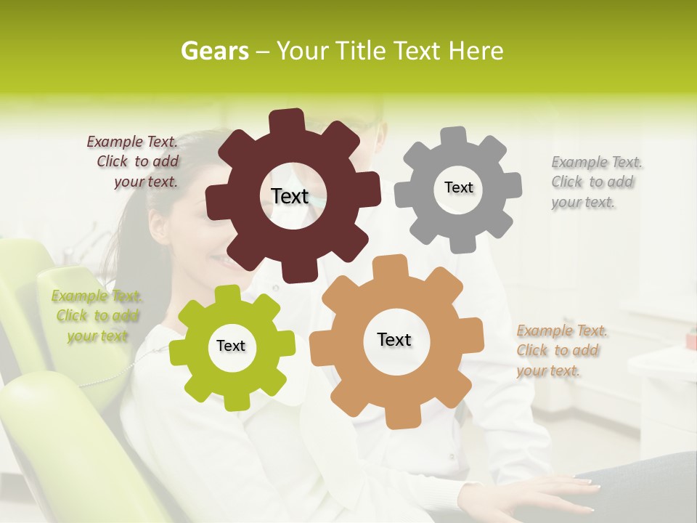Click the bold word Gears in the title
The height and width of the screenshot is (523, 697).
pyautogui.click(x=214, y=51)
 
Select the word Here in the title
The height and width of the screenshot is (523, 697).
pyautogui.click(x=476, y=51)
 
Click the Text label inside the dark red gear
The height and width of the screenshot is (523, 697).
pyautogui.click(x=290, y=196)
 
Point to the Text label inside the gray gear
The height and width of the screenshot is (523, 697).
pyautogui.click(x=458, y=187)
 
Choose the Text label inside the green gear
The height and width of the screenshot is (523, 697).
pyautogui.click(x=231, y=346)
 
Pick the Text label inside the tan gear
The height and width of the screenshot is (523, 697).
pyautogui.click(x=394, y=340)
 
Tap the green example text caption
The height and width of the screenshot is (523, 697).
pyautogui.click(x=97, y=316)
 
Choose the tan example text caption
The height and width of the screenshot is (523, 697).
pyautogui.click(x=561, y=351)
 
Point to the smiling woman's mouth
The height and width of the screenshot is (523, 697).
pyautogui.click(x=222, y=260)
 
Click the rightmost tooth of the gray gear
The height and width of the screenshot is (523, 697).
pyautogui.click(x=512, y=185)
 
